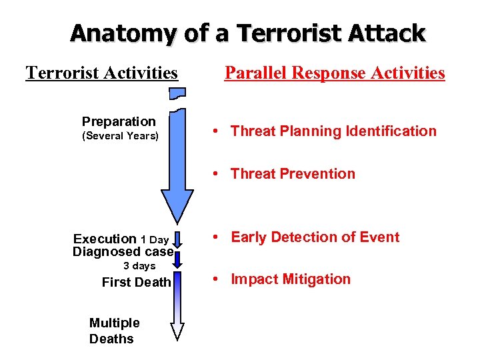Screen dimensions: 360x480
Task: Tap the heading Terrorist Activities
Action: (x=102, y=72)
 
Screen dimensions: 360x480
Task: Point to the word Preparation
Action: (x=119, y=121)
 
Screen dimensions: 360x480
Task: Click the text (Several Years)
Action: (x=120, y=137)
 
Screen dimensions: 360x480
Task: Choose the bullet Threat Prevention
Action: (x=293, y=174)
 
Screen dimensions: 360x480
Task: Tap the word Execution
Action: (x=105, y=239)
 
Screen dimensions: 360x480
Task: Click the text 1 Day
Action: (x=155, y=239)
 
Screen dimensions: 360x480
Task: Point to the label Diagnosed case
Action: (x=123, y=252)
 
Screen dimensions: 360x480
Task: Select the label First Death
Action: (x=136, y=282)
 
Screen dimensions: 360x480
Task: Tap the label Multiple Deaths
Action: (x=114, y=331)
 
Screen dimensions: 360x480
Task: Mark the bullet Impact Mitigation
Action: (x=290, y=279)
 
